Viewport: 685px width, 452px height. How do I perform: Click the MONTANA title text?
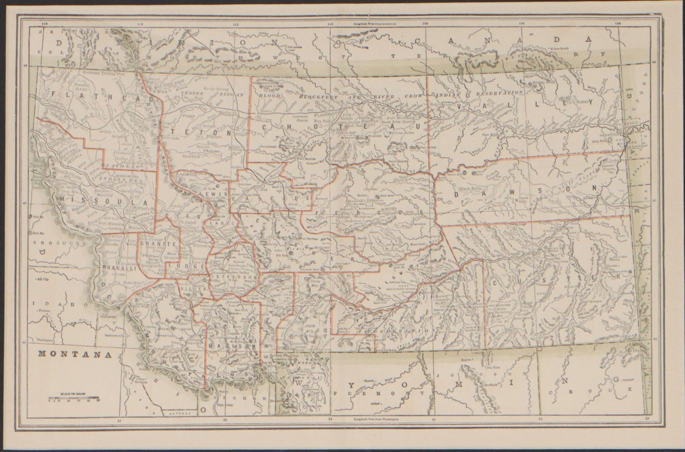[75, 354]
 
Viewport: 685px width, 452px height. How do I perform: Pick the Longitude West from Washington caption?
[376, 419]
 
